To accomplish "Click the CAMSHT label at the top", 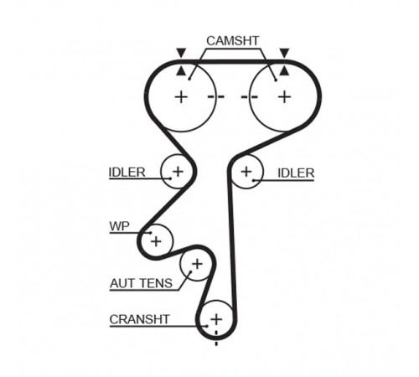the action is [233, 41].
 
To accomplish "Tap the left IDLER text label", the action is [127, 173].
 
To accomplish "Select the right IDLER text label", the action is [296, 173].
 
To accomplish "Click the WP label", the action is [120, 226].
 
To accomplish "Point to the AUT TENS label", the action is [142, 283].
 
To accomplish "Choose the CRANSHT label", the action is [139, 319].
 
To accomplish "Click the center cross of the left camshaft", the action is [181, 97].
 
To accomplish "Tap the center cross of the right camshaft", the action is [285, 97].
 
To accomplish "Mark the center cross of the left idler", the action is [178, 171].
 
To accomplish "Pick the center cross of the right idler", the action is [246, 172].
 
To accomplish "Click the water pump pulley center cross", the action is [156, 241].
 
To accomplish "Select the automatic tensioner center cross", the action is [197, 264].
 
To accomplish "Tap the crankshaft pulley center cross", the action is [216, 319].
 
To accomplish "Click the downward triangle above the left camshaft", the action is [181, 53].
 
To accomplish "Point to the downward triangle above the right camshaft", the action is [284, 53].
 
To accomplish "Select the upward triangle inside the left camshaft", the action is [181, 71].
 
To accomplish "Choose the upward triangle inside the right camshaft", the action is [284, 71].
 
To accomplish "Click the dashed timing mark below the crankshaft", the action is [216, 338].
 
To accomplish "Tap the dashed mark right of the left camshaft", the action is [216, 97].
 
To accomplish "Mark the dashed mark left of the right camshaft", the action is [250, 97].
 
